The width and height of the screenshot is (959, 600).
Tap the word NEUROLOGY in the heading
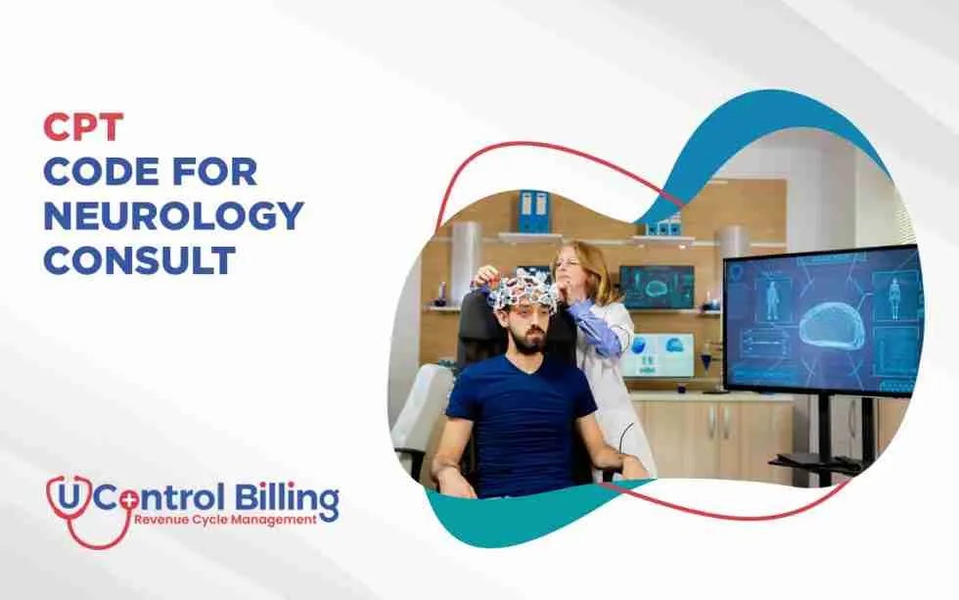coord(173,216)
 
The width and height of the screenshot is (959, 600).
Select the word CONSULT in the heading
coord(140,260)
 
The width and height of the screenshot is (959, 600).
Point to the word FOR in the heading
coord(217,171)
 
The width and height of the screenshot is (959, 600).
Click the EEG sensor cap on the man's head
coord(525,293)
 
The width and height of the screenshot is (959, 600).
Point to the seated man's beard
coord(528,341)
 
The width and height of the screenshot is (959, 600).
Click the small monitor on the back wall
coord(655,286)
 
